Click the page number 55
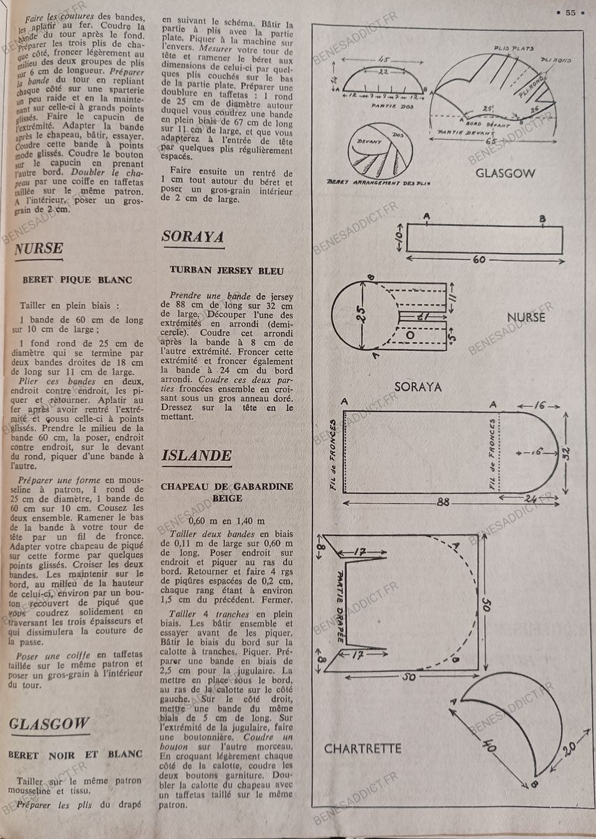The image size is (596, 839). point(570,12)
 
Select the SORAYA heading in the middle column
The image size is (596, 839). point(193,237)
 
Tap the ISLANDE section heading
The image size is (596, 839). point(196,456)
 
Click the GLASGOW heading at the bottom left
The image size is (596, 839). point(50,724)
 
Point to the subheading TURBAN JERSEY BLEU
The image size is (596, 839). point(227,269)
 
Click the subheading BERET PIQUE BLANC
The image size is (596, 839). point(77,280)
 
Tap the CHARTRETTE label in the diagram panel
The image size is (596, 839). point(363,749)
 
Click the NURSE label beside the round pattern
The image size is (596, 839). point(526,317)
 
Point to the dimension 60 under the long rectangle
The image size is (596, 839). point(479,260)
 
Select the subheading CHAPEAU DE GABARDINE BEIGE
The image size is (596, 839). point(227,492)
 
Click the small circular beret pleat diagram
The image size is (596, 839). point(381,148)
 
